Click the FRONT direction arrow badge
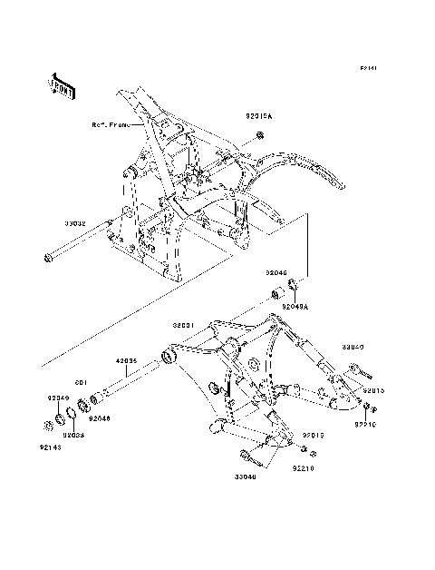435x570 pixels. click(x=62, y=85)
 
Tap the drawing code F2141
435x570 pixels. click(x=367, y=68)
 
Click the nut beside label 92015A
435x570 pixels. click(x=259, y=136)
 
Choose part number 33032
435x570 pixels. click(x=74, y=221)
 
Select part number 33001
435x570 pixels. click(x=185, y=324)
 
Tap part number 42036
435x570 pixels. click(x=125, y=361)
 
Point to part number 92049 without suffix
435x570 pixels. click(x=59, y=398)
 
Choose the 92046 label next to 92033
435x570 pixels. click(x=99, y=418)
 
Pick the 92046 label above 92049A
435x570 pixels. click(x=275, y=271)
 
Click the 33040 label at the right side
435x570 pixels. click(x=353, y=347)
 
